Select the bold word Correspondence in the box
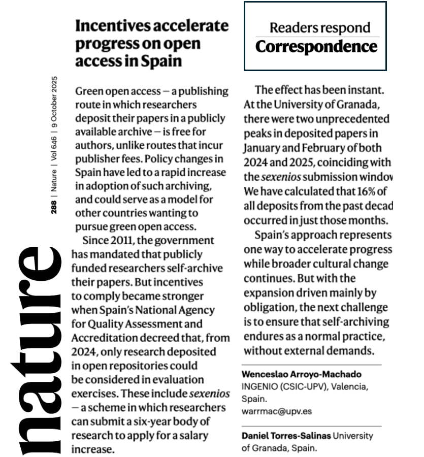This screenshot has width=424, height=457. (316, 47)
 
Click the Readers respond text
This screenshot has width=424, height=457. (320, 27)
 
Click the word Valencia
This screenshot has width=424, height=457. (350, 386)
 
